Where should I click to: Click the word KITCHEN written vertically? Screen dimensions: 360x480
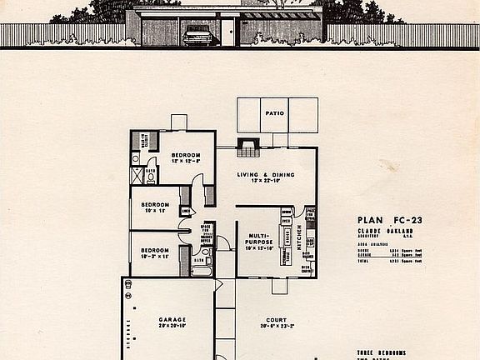tap(297, 238)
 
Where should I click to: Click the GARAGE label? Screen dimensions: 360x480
tap(172, 320)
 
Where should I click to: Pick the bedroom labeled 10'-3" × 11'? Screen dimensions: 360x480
tap(155, 252)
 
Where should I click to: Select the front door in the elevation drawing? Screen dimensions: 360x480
tap(231, 32)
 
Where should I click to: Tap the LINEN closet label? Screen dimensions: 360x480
tap(184, 211)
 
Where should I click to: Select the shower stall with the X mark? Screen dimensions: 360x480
tap(137, 175)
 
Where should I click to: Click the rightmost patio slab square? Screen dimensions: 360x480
tap(303, 115)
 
